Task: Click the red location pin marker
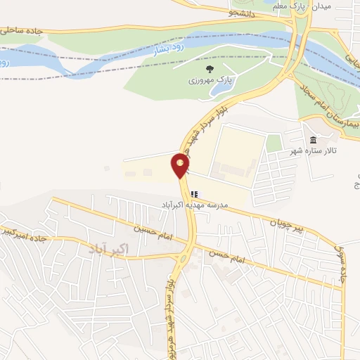coord(180,165)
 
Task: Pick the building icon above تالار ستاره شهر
coord(313,139)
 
